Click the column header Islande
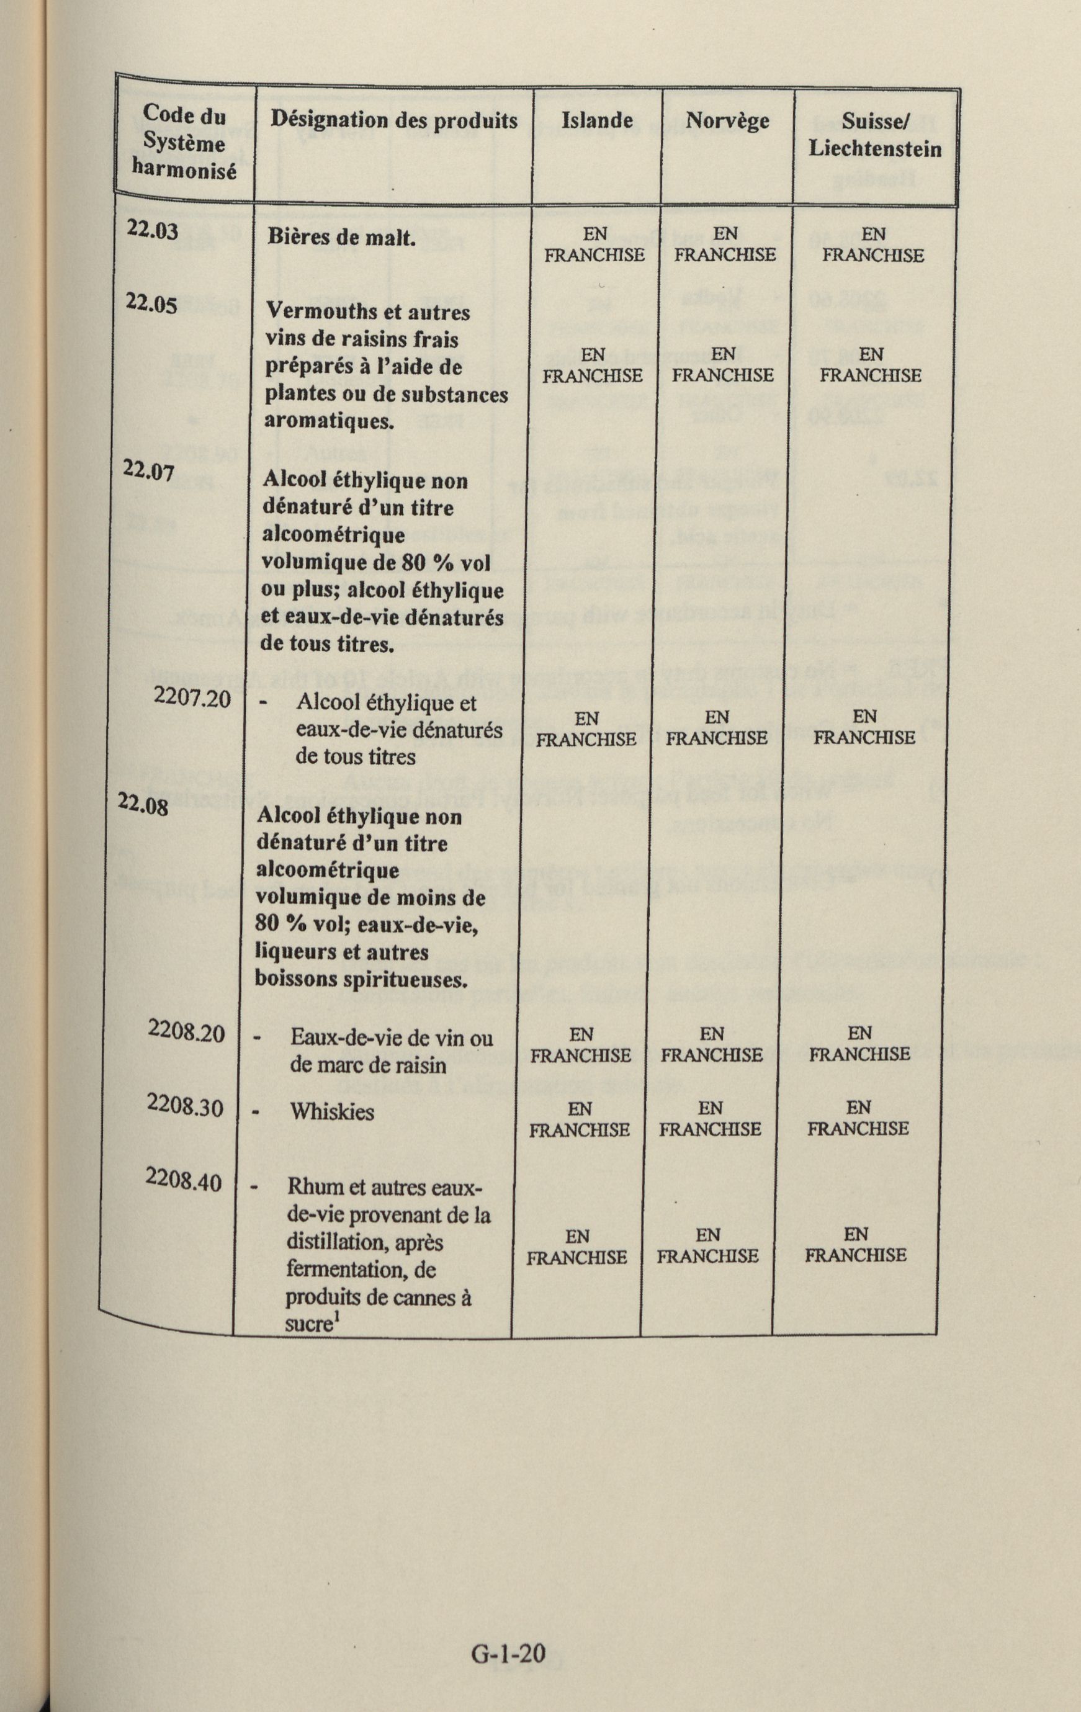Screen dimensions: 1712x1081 pyautogui.click(x=597, y=120)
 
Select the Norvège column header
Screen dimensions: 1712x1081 pyautogui.click(x=727, y=121)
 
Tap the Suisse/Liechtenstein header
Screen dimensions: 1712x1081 pyautogui.click(x=875, y=135)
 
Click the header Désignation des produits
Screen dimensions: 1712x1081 pyautogui.click(x=393, y=120)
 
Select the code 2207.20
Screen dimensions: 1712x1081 pyautogui.click(x=192, y=699)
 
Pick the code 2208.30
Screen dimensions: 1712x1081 pyautogui.click(x=185, y=1107)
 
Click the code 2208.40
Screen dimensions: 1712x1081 pyautogui.click(x=184, y=1180)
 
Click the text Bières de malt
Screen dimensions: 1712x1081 pyautogui.click(x=341, y=237)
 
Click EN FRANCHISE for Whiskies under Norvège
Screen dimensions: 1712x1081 pyautogui.click(x=710, y=1118)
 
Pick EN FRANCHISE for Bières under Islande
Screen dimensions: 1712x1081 pyautogui.click(x=594, y=244)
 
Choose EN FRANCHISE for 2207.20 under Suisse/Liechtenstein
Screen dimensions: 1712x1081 pyautogui.click(x=864, y=727)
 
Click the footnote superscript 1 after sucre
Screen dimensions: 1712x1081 pyautogui.click(x=337, y=1318)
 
